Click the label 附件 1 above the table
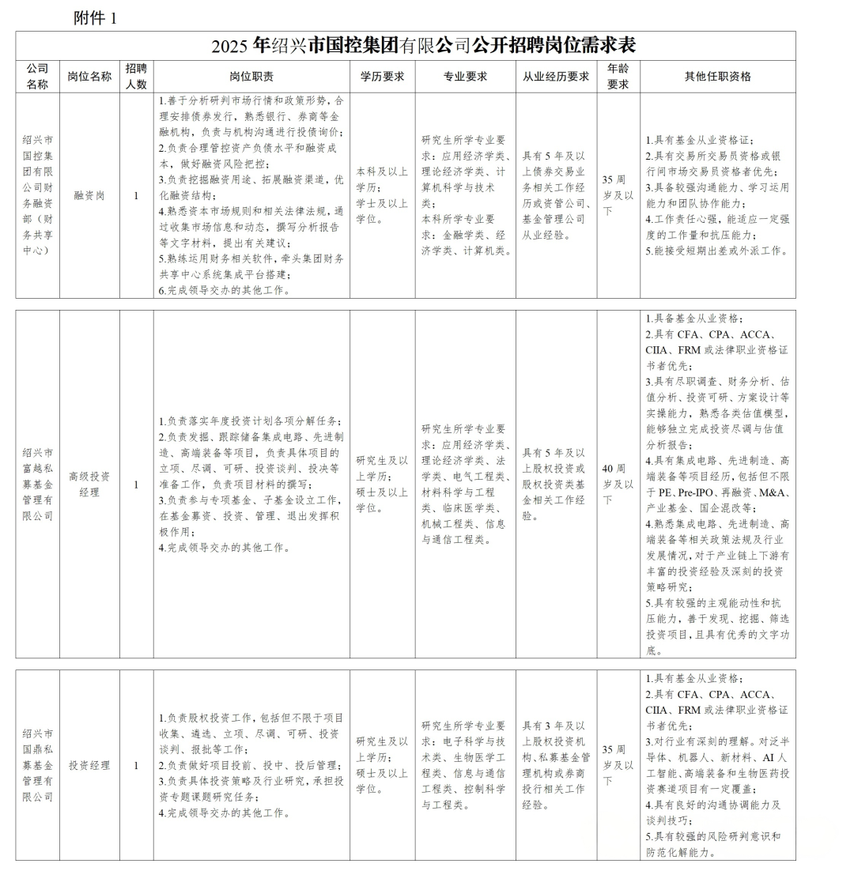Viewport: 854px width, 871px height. click(95, 17)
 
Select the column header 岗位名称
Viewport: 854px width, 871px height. click(89, 77)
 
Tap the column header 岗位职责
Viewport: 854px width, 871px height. click(251, 77)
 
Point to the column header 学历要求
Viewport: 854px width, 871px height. click(383, 77)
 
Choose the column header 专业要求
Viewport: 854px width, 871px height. click(465, 77)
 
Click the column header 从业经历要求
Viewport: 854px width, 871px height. click(556, 77)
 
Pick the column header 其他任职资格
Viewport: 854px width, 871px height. click(717, 77)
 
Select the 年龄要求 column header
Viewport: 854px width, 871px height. click(618, 77)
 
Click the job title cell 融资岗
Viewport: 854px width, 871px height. click(89, 195)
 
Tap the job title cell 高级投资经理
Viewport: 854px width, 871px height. click(89, 484)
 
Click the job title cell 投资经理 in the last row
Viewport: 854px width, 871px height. click(89, 765)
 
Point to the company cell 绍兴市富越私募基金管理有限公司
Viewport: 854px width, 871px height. click(37, 484)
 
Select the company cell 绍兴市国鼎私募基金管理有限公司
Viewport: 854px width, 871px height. click(37, 765)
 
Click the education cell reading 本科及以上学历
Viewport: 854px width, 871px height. click(383, 195)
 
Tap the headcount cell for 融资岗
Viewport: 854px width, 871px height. click(136, 195)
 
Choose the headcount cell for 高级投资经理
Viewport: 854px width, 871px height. click(136, 484)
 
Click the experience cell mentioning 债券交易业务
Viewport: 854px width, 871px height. click(556, 195)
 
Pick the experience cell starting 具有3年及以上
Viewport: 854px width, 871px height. click(556, 765)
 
